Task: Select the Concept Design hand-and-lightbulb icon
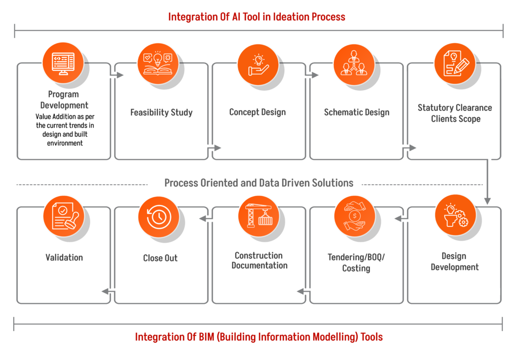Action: [x=257, y=64]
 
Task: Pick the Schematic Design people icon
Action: [x=354, y=64]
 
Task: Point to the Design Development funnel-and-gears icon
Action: [x=455, y=215]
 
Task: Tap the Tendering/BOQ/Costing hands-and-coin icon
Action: [x=354, y=216]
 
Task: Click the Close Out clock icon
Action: [x=158, y=216]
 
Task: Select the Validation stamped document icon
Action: [x=63, y=216]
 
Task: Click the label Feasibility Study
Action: [x=161, y=112]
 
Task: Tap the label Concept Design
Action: [x=257, y=112]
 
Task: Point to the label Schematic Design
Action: [x=357, y=112]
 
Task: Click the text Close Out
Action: [x=160, y=258]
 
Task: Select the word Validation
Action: [x=64, y=257]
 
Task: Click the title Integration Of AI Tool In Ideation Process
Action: [x=257, y=17]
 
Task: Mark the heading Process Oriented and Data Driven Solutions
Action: [x=258, y=183]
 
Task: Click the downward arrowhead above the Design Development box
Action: [x=487, y=201]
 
